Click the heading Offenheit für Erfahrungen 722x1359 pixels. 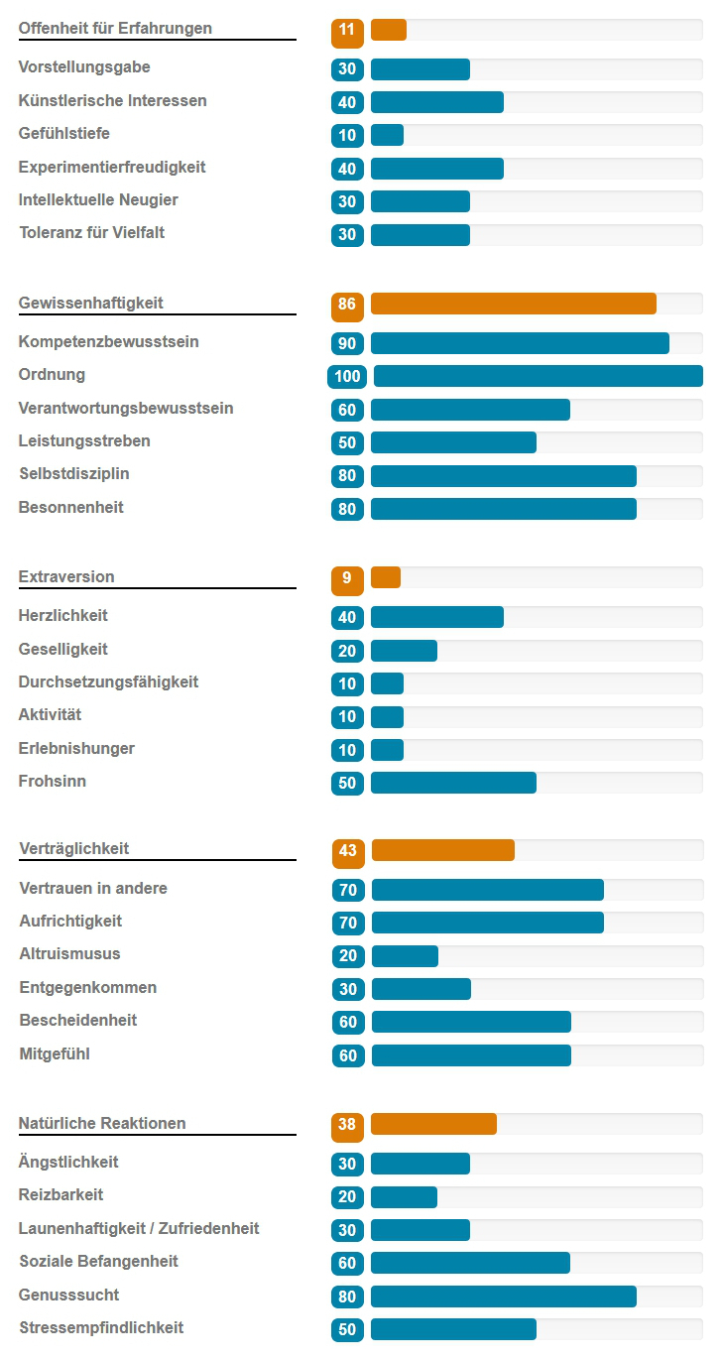point(115,29)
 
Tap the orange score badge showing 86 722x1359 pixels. point(347,305)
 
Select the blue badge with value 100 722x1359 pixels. point(347,376)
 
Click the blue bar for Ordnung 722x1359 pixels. point(538,376)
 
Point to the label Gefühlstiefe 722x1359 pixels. point(64,134)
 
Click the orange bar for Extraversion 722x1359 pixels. point(386,577)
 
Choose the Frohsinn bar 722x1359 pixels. point(453,783)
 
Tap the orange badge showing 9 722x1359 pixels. point(347,578)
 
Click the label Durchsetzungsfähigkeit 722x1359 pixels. point(108,682)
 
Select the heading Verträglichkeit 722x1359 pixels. point(74,849)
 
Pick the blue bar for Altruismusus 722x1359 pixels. point(405,955)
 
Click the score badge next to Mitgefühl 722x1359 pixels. point(348,1055)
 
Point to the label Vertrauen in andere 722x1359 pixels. point(93,889)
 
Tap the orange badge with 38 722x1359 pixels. point(347,1125)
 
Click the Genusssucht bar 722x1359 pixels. point(503,1296)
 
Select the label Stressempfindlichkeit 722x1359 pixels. point(101,1328)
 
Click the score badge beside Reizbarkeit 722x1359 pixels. point(347,1197)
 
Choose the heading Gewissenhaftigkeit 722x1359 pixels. point(91,304)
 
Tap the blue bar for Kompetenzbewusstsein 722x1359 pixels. point(520,343)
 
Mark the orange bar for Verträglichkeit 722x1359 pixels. point(442,850)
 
